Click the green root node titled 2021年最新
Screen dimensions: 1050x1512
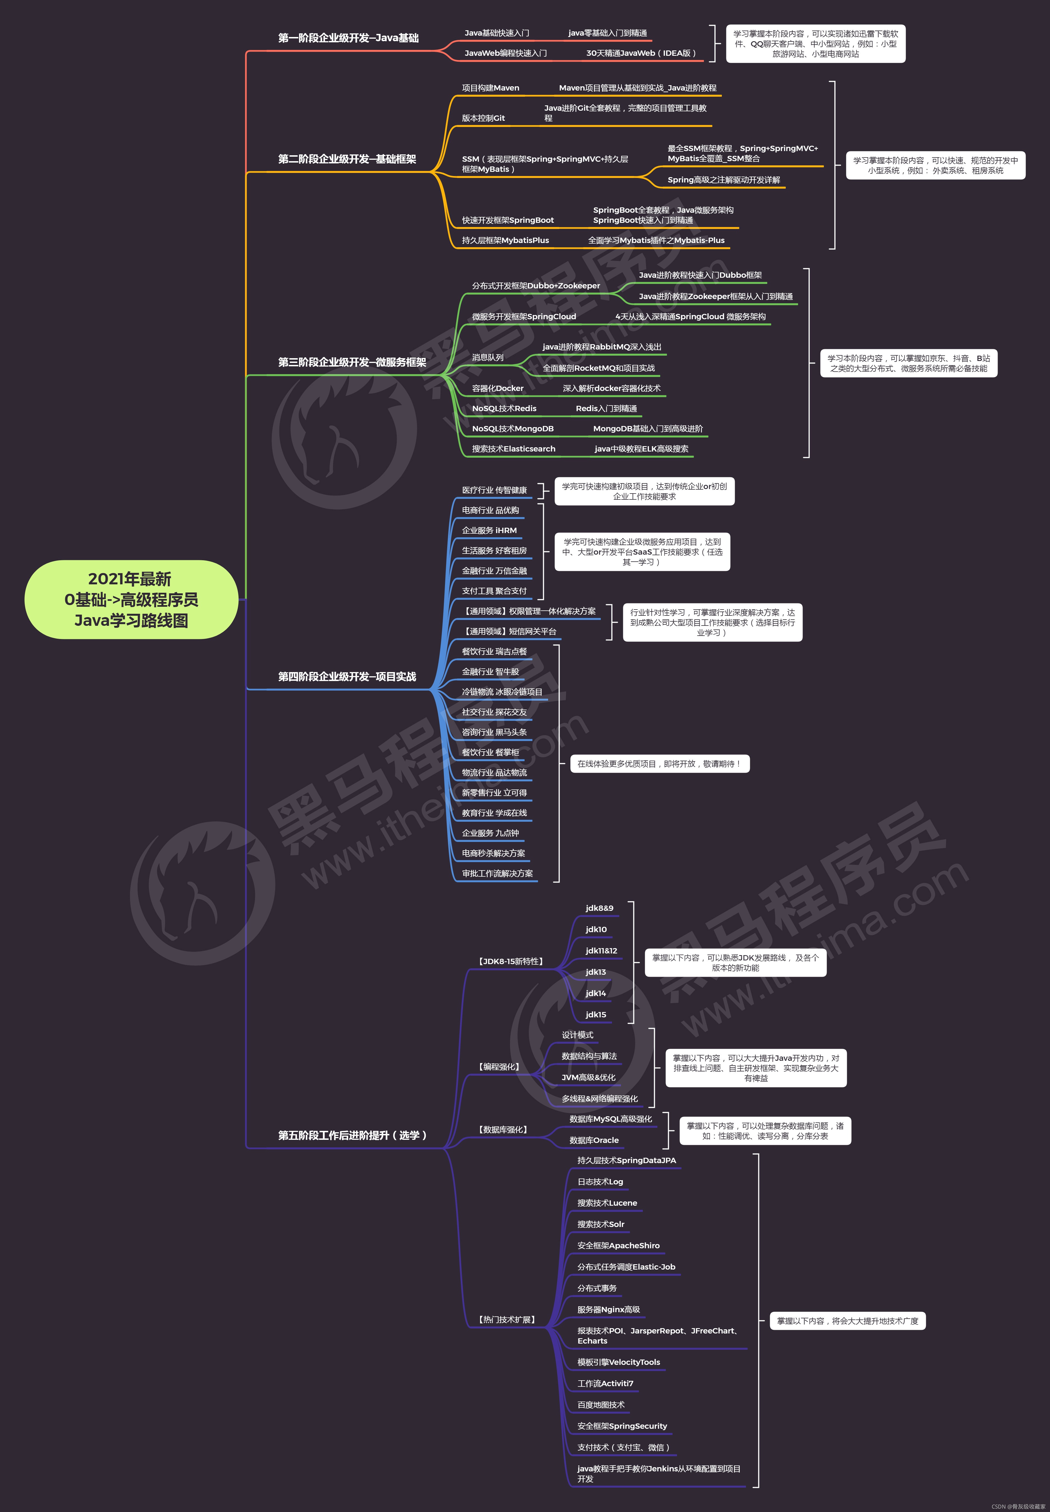[131, 599]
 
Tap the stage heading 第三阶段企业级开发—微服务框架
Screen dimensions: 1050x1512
[352, 362]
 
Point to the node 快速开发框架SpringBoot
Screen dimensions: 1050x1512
[508, 220]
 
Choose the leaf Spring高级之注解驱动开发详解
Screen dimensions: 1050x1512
[724, 180]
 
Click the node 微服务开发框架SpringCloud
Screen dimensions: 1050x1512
[524, 316]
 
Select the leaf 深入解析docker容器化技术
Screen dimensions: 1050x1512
[611, 388]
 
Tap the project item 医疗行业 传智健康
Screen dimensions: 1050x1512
[494, 490]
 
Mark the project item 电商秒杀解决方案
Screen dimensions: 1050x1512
[493, 853]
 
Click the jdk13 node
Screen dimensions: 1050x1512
[596, 972]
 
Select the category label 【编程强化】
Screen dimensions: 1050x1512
[499, 1067]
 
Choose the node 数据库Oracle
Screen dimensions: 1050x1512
[594, 1140]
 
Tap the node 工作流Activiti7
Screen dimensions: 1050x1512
[605, 1383]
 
